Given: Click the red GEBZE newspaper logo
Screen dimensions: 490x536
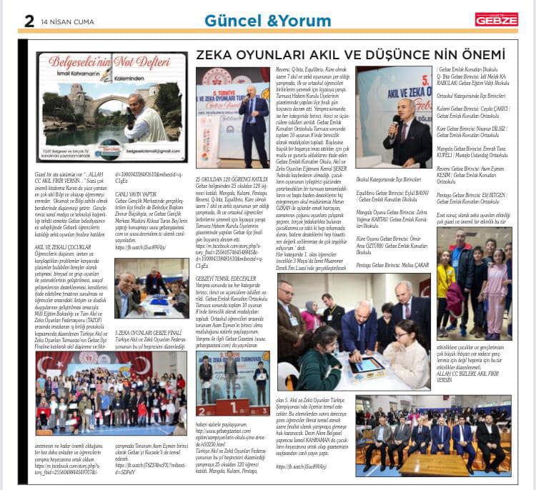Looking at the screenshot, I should (496, 19).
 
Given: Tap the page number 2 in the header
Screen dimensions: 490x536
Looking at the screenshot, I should (29, 21).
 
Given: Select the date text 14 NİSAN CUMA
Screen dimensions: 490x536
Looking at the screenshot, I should (68, 21).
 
